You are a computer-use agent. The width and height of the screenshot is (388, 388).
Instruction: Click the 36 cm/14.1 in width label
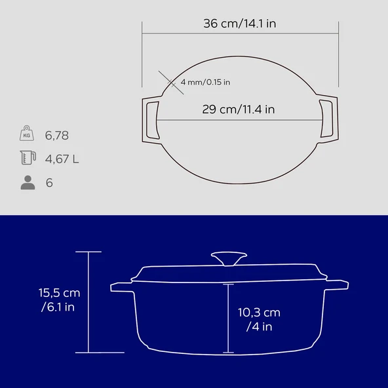point(239,24)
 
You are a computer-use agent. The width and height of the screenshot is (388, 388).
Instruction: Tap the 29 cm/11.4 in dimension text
point(239,109)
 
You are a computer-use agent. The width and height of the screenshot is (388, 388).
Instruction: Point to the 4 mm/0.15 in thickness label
point(205,82)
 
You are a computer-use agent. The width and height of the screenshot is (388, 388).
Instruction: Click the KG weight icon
point(27,133)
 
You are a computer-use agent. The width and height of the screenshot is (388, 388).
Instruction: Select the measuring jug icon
point(28,157)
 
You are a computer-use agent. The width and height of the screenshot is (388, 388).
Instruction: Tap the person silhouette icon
point(28,182)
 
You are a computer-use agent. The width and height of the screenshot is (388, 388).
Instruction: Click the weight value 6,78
point(56,136)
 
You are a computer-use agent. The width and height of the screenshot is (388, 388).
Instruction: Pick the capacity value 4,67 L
point(62,159)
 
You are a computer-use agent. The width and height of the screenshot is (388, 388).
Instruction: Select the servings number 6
point(49,183)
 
